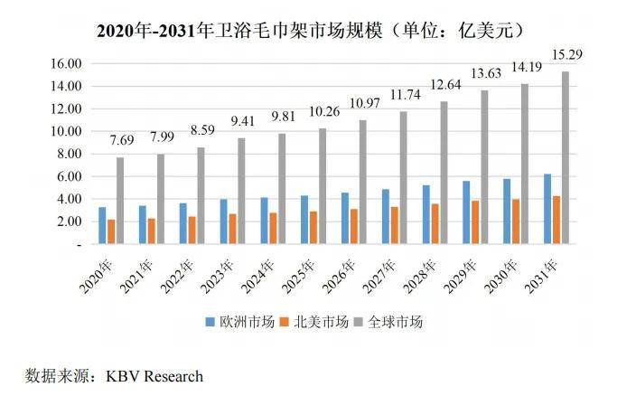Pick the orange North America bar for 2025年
pyautogui.click(x=313, y=227)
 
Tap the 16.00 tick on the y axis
pyautogui.click(x=67, y=63)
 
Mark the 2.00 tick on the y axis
pyautogui.click(x=69, y=222)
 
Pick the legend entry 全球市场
pyautogui.click(x=393, y=321)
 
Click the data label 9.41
pyautogui.click(x=241, y=122)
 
